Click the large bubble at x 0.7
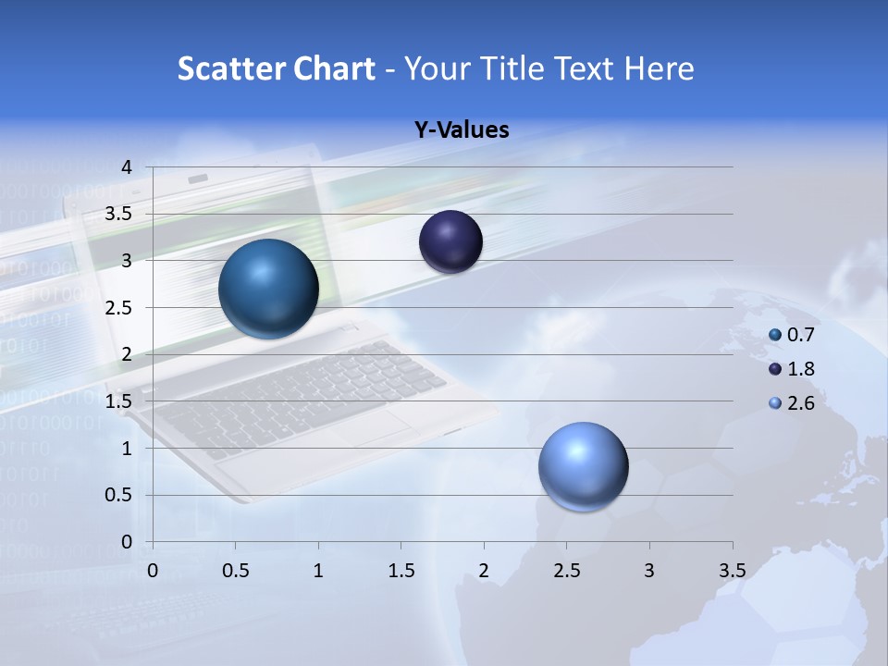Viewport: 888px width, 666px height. (268, 289)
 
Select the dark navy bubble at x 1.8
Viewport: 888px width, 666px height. (451, 242)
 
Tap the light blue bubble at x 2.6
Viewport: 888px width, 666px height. (583, 466)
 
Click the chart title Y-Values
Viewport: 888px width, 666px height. (461, 130)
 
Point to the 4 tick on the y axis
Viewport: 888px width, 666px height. (127, 167)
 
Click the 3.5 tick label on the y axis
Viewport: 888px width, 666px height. (118, 214)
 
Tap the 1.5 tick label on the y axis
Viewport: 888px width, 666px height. (118, 401)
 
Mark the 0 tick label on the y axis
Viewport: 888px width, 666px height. (127, 542)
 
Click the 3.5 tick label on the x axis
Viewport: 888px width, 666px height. (732, 571)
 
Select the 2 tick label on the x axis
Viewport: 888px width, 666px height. (484, 571)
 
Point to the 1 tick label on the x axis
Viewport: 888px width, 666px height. (318, 571)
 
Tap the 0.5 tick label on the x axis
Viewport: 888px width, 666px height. (236, 571)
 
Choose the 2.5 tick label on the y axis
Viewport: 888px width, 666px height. (118, 308)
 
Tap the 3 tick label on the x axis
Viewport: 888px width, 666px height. (649, 571)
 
